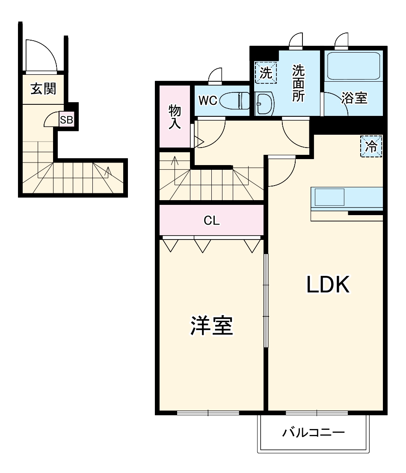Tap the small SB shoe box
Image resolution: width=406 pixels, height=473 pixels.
(66, 120)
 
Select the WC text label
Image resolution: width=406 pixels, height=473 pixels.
(207, 101)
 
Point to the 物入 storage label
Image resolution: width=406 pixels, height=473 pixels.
(175, 117)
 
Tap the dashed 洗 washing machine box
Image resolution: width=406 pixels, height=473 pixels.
(266, 73)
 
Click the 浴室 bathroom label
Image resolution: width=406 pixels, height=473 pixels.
(354, 98)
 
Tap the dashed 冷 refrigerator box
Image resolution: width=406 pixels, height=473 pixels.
(371, 146)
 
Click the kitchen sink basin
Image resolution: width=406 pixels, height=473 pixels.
(329, 197)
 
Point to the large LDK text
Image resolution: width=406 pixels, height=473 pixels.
(328, 285)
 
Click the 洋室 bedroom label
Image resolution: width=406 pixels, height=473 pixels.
(212, 326)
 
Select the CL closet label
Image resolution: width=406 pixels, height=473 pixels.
(211, 221)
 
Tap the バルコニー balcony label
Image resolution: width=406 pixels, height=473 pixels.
(313, 433)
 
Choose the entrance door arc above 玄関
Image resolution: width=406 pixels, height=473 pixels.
(41, 56)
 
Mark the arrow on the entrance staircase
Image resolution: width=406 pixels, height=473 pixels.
(108, 171)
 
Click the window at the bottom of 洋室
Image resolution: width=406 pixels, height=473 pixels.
(208, 413)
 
